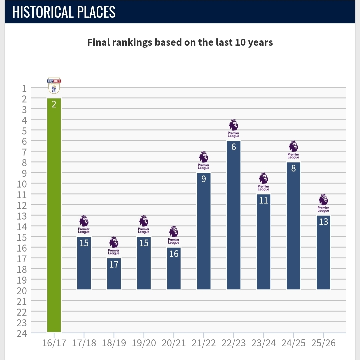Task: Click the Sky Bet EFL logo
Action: click(x=54, y=86)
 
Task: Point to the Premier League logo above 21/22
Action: click(x=204, y=160)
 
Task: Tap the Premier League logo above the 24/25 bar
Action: click(x=293, y=150)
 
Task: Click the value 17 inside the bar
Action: click(x=114, y=265)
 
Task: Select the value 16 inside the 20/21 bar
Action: click(x=174, y=254)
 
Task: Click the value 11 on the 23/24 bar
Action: click(x=264, y=201)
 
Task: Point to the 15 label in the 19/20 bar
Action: click(x=144, y=243)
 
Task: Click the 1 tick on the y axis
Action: click(x=24, y=88)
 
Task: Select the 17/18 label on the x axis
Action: click(x=84, y=343)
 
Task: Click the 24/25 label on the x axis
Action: click(x=293, y=343)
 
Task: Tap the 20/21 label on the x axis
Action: click(x=174, y=343)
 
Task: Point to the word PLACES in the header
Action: click(x=99, y=12)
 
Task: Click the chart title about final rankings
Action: click(x=180, y=43)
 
